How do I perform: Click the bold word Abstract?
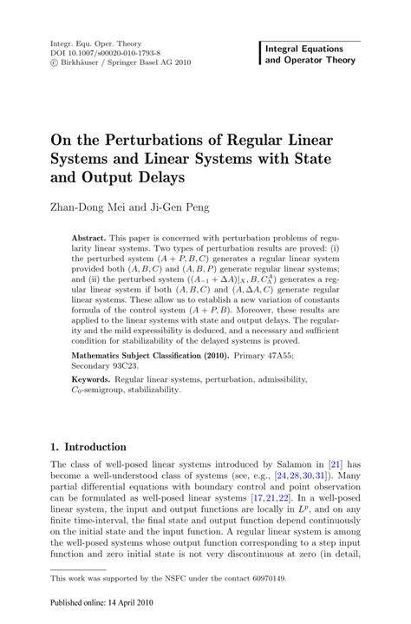(90, 237)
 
